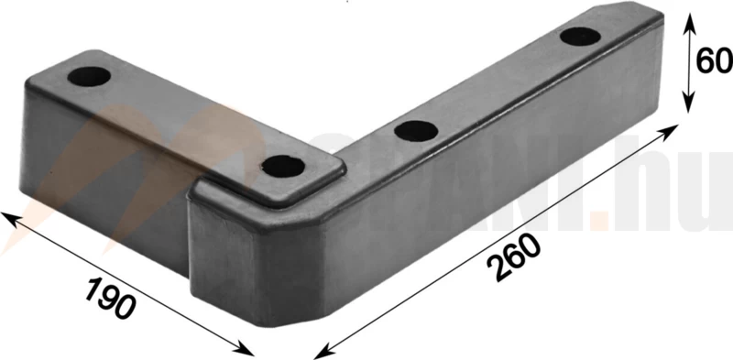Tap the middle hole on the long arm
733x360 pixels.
(414, 129)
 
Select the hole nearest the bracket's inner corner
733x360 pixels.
(283, 166)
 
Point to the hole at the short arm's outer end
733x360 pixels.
(87, 74)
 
